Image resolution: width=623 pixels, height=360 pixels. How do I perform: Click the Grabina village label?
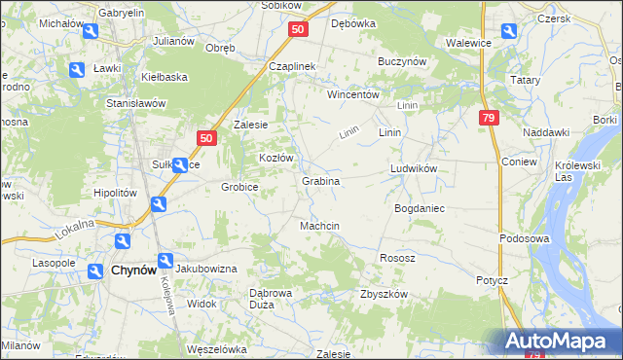pos(320,181)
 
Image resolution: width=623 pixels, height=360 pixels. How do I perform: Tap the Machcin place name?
pos(319,226)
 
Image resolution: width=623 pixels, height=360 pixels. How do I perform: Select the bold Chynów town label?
pos(134,271)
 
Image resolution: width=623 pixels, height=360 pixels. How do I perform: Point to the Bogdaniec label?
pos(419,209)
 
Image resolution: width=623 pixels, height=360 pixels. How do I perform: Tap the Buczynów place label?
pos(402,60)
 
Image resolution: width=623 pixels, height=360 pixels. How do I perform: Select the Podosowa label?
pos(525,238)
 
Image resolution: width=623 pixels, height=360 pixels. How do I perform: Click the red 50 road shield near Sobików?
pos(298,30)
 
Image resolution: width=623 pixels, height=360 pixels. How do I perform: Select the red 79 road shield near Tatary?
pos(489,118)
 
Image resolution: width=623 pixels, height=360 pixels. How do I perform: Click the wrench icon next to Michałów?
pos(90,31)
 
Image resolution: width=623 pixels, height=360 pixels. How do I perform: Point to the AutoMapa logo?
pos(558,341)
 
